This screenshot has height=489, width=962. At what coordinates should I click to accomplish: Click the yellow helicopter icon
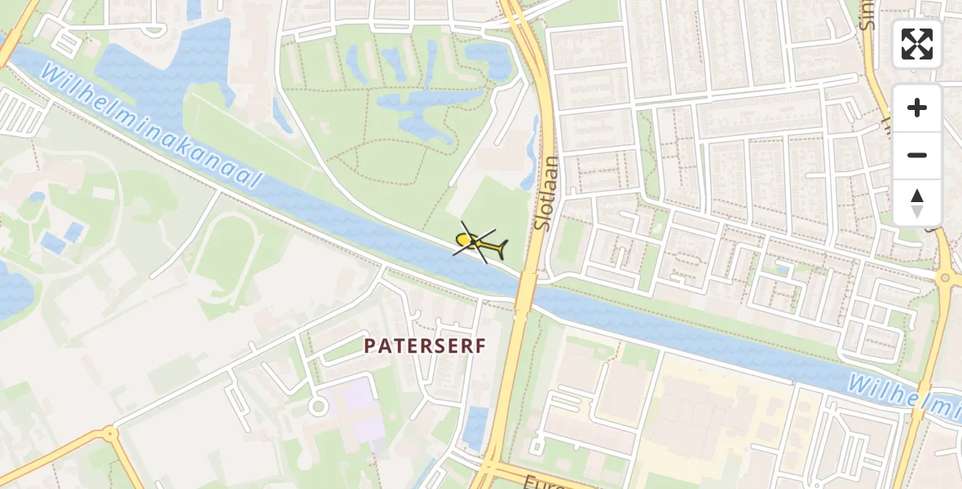point(480,244)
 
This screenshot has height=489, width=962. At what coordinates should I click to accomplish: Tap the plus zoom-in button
point(917,108)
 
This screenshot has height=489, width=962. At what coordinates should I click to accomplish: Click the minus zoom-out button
point(917,155)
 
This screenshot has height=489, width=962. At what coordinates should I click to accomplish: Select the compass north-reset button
point(917,202)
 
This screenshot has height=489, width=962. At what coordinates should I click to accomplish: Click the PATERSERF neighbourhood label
point(425,346)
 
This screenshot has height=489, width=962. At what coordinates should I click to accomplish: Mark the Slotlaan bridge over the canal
point(525,290)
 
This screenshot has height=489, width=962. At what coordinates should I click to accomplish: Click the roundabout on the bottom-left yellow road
point(108,434)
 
